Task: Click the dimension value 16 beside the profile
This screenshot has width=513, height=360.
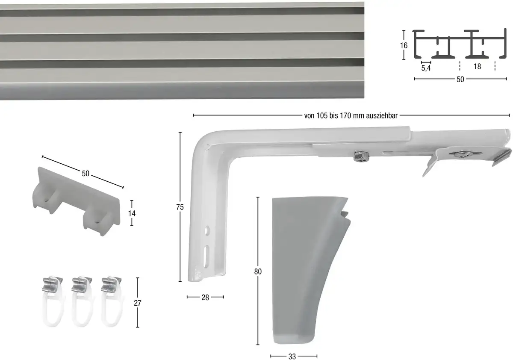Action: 404,45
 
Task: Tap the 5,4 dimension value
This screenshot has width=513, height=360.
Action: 426,68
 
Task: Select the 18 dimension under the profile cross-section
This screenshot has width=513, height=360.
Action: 477,66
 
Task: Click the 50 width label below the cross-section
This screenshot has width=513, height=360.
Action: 460,79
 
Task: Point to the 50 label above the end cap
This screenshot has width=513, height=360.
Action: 85,173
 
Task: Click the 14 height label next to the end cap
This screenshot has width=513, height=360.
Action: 132,213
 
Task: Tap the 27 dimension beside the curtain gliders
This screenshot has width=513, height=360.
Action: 137,303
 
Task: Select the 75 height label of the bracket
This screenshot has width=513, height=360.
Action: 180,207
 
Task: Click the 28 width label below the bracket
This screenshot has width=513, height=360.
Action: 205,298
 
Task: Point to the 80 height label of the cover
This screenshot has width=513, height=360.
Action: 258,271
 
